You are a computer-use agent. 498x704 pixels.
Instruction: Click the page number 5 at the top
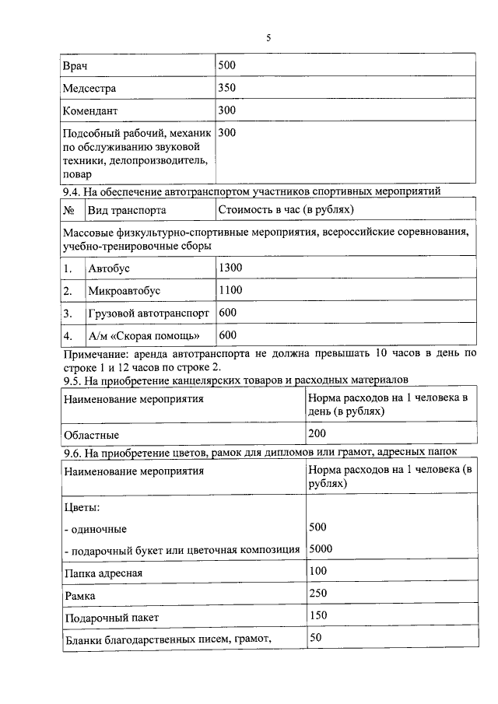pos(268,37)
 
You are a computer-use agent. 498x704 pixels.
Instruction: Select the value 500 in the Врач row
pos(227,65)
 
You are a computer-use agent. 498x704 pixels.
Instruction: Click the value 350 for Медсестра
pos(227,88)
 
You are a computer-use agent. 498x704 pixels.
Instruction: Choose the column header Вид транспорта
pos(126,210)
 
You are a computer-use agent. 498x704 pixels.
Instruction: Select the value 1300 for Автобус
pos(231,268)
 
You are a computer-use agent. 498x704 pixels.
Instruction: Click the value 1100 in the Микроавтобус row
pos(231,290)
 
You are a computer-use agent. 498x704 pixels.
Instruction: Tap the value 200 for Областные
pos(317,433)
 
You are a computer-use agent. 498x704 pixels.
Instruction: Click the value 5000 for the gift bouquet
pos(321,548)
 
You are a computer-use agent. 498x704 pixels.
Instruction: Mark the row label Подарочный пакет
pos(111,618)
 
